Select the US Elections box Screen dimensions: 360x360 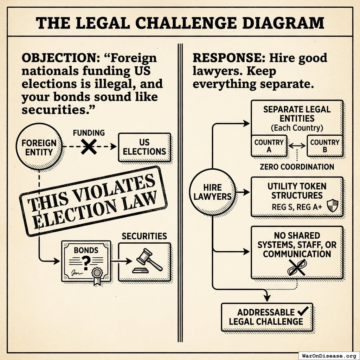click(144, 147)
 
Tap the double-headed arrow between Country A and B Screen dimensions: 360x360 click(297, 145)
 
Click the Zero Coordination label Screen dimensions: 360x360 click(297, 167)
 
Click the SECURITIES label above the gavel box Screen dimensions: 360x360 click(144, 236)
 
